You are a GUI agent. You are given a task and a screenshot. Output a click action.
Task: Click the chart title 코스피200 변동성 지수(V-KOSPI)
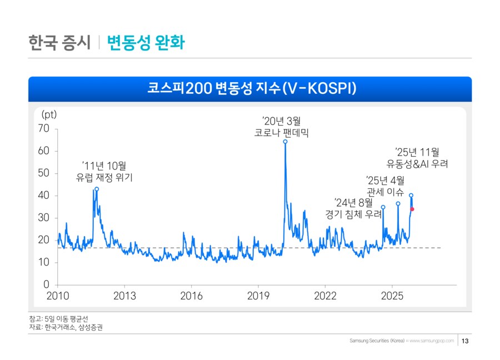250,89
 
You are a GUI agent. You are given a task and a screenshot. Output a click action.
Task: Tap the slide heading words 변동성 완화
146,43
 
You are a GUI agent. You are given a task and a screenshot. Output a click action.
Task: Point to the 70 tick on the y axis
44,129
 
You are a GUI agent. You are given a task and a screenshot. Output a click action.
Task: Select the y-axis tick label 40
44,196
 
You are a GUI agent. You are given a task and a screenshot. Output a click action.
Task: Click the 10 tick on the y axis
44,262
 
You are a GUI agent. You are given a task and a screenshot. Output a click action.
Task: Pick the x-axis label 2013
124,296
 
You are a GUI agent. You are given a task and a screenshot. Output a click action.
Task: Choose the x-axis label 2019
258,296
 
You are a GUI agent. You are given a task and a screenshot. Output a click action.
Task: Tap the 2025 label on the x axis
392,296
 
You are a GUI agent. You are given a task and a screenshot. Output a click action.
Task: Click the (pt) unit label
49,114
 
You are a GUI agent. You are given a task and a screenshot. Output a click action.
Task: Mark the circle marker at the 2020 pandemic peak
285,142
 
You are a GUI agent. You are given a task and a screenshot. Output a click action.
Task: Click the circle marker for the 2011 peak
97,189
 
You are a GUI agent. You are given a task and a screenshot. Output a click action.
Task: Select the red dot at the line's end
412,209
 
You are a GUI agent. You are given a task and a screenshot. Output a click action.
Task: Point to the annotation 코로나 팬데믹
281,133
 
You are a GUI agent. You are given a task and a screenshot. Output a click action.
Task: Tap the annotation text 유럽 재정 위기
104,178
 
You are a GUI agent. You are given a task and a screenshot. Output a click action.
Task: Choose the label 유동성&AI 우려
417,164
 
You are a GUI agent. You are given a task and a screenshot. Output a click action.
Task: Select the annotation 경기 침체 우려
353,214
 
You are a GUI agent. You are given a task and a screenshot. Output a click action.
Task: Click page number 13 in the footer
466,341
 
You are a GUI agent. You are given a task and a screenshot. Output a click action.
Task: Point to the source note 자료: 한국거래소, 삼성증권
66,328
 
